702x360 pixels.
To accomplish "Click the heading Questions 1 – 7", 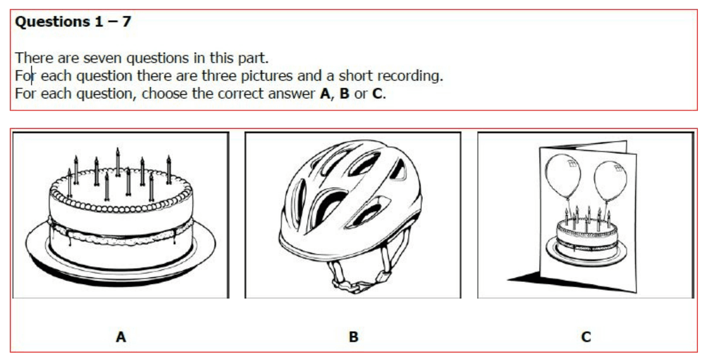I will [x=73, y=22].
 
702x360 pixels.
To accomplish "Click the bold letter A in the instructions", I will [x=325, y=94].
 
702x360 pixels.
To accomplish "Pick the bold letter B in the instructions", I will [x=345, y=94].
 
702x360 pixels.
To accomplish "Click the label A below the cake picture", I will [x=121, y=337].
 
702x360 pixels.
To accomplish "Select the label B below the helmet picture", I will [x=353, y=337].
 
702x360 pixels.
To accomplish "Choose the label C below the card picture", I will [x=586, y=337].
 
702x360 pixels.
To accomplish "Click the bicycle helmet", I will [x=351, y=199].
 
